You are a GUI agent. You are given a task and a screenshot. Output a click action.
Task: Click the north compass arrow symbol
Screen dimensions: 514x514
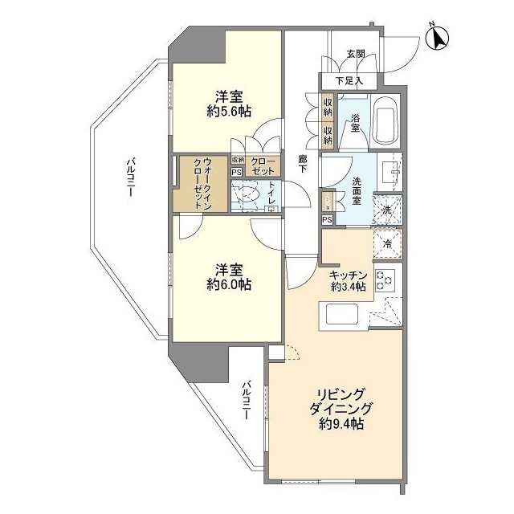pos(439,37)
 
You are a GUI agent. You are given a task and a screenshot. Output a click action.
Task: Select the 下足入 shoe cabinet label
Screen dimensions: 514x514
pos(349,80)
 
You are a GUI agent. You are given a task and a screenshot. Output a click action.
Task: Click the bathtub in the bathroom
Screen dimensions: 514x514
pos(388,121)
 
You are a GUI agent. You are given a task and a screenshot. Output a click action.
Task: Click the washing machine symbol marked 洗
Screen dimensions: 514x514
pos(387,209)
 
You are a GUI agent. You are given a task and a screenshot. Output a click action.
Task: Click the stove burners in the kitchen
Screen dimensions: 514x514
pos(386,279)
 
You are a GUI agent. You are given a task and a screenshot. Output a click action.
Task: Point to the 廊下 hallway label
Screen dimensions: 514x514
pos(303,165)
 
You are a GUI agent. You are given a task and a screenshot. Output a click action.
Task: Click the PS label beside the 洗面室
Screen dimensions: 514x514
pos(327,219)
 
